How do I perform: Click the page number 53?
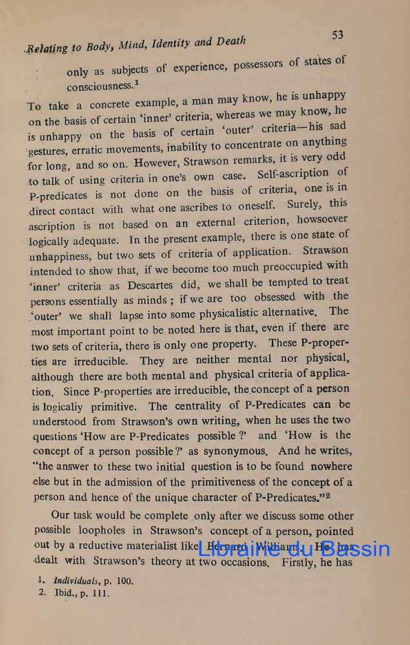click(338, 35)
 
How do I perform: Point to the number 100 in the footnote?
click(125, 581)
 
